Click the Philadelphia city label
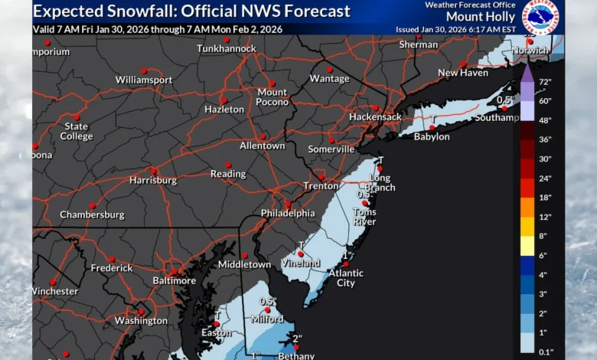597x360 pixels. (x=287, y=213)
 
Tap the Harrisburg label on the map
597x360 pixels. (x=153, y=181)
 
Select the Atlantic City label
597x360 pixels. (x=346, y=278)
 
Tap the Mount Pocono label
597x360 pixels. (x=272, y=97)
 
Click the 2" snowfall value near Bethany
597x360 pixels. (x=297, y=338)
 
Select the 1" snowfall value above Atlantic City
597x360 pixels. (x=347, y=255)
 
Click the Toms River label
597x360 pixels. (x=364, y=217)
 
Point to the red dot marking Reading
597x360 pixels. (x=227, y=165)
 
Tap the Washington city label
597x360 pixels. (x=141, y=321)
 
